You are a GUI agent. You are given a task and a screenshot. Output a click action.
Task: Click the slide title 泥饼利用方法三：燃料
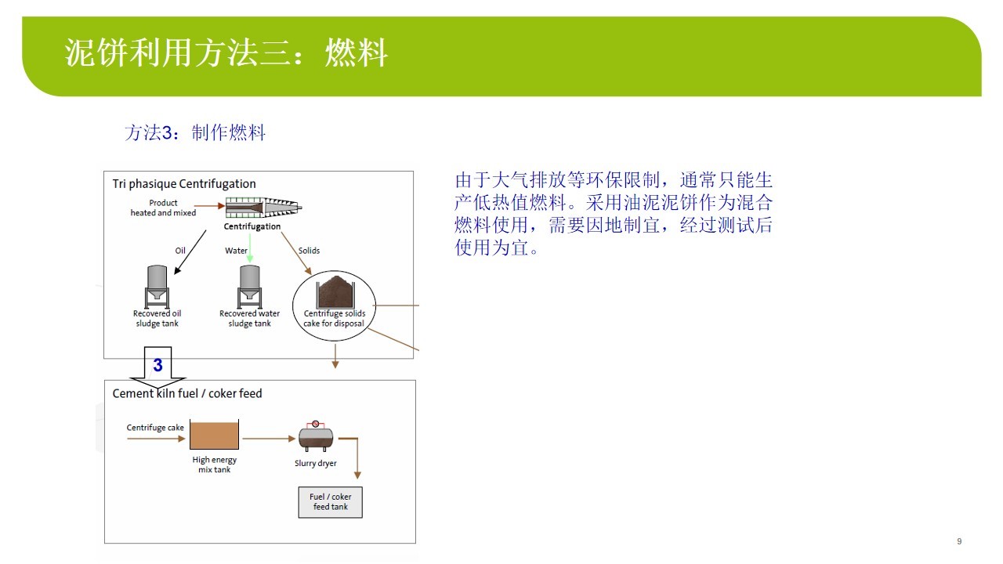pos(226,52)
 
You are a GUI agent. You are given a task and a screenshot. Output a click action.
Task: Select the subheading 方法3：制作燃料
pos(195,133)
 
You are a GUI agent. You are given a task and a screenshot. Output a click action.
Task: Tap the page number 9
pos(959,541)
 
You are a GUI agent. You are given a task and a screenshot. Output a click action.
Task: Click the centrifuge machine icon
pos(263,208)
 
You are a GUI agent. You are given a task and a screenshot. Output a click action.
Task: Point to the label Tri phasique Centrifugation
pos(184,183)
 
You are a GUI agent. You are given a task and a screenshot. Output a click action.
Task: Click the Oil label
pos(180,251)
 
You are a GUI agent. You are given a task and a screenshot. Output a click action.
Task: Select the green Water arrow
pos(250,248)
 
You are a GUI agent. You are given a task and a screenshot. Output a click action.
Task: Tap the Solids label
pos(309,251)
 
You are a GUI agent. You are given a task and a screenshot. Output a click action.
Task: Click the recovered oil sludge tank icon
pos(158,287)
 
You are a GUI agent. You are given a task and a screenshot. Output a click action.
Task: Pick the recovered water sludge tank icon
pos(250,287)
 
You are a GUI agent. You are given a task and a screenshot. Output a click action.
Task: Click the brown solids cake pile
pos(335,292)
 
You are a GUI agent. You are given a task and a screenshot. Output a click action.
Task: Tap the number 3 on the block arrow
pos(158,365)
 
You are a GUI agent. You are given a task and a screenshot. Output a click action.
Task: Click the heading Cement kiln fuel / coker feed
pos(187,393)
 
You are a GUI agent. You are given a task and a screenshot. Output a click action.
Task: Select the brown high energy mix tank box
pos(214,435)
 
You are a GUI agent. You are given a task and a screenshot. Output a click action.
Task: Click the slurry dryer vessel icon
pos(316,436)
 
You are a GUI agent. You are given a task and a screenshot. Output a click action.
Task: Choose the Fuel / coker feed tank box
pos(331,502)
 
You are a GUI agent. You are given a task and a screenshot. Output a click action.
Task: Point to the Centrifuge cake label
pos(155,428)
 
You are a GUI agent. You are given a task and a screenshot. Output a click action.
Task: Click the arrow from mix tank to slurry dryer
pos(269,439)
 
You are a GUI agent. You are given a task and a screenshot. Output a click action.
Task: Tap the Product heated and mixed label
pos(163,208)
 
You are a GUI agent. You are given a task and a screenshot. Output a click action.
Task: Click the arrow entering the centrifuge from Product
pos(209,206)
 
